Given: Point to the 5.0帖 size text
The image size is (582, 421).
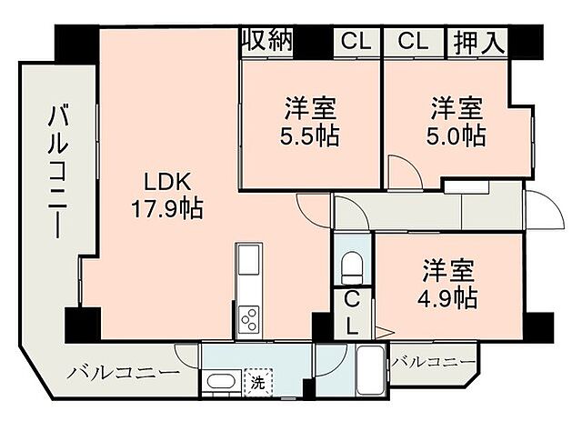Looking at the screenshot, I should pyautogui.click(x=457, y=136).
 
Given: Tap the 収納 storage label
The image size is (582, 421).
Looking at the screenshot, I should pyautogui.click(x=266, y=40).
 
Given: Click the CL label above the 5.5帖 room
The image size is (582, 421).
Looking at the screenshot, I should pyautogui.click(x=356, y=41).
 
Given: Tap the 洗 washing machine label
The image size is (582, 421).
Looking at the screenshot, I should pyautogui.click(x=258, y=383).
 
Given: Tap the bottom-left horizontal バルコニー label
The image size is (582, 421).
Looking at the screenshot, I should pyautogui.click(x=122, y=373).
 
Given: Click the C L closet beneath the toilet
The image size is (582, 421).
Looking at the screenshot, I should pyautogui.click(x=352, y=313).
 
